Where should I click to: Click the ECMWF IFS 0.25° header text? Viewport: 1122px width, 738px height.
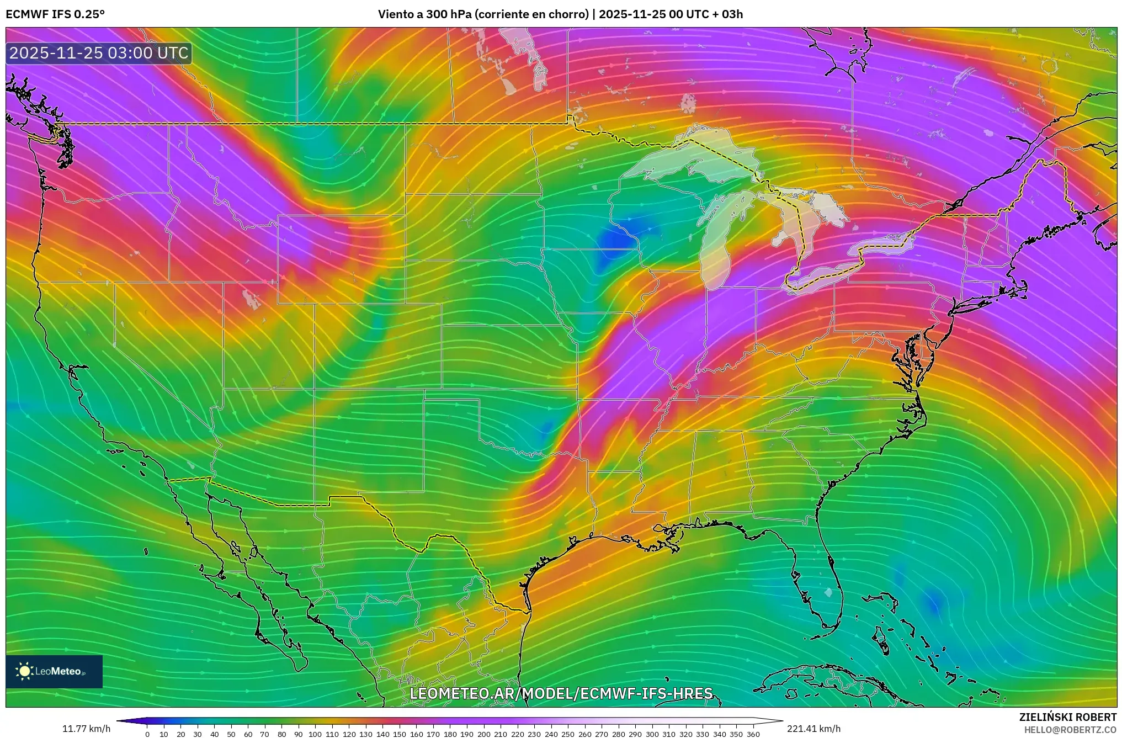(55, 14)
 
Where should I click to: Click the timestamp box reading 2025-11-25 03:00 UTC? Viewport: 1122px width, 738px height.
(99, 53)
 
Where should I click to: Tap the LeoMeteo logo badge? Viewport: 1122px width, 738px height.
(54, 671)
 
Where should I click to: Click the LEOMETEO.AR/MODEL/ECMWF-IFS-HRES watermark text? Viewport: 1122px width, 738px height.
(561, 693)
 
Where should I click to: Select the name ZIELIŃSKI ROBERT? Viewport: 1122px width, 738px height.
(1067, 717)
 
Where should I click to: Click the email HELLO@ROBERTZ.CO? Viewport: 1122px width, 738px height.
(1070, 730)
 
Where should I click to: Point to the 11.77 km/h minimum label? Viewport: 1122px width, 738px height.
(86, 729)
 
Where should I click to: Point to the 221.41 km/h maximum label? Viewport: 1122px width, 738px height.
(813, 729)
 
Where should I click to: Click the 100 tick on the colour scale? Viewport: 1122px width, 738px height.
(315, 734)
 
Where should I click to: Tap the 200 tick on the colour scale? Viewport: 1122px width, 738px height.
(483, 734)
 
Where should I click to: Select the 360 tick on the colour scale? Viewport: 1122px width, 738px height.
(753, 734)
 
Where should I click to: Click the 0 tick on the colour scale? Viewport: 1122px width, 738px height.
(147, 734)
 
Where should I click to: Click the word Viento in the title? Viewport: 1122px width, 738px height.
(395, 14)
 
